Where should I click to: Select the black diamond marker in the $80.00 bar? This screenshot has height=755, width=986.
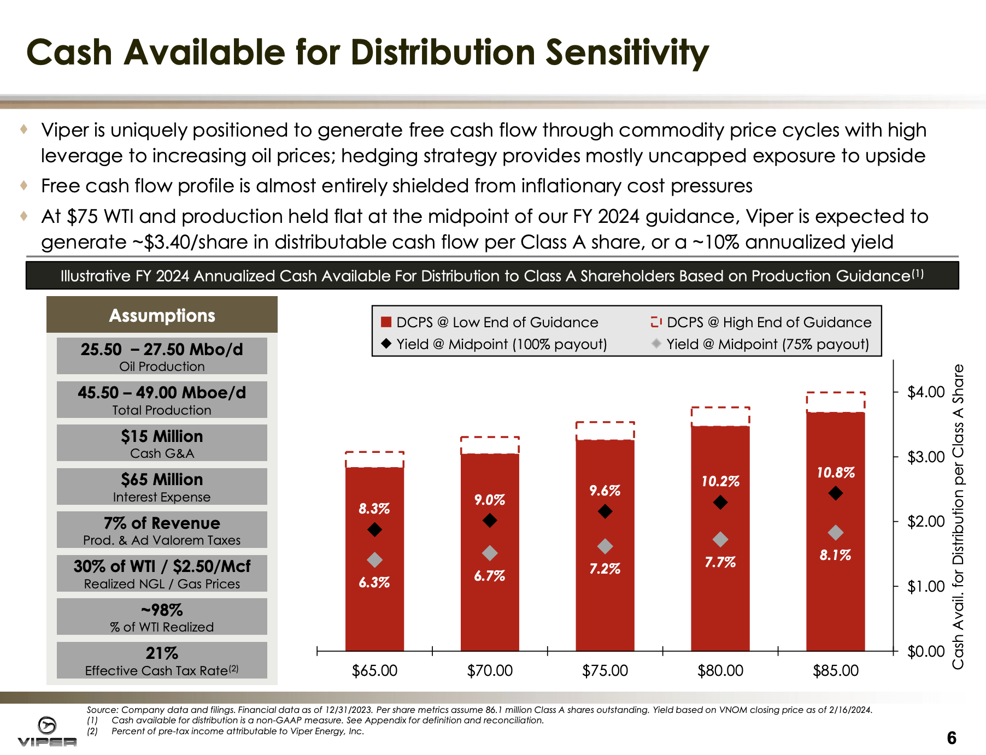point(720,502)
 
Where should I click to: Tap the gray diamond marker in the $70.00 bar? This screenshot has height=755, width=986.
point(490,553)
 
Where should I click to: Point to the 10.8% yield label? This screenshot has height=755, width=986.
point(835,473)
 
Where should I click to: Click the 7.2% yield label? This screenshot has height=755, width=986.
point(604,569)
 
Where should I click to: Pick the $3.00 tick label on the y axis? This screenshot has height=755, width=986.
point(926,457)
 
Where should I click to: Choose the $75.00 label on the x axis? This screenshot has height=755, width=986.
point(605,670)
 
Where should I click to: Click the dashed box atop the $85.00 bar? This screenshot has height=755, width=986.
point(836,402)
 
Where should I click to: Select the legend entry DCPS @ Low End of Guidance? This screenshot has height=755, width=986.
point(497,322)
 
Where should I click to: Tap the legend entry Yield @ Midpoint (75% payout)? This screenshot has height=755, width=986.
point(767,344)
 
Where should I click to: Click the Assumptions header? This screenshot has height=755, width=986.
point(162,315)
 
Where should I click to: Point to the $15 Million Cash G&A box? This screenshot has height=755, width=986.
point(162,443)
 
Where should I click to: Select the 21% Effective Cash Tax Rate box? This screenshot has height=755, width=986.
point(162,660)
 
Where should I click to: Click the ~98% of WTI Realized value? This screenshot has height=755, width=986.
point(162,610)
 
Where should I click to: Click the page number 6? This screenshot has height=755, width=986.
point(952,738)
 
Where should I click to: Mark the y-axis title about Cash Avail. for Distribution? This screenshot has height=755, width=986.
point(958,516)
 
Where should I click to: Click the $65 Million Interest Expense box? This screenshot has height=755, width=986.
point(162,486)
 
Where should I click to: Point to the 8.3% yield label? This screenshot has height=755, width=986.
point(374,509)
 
